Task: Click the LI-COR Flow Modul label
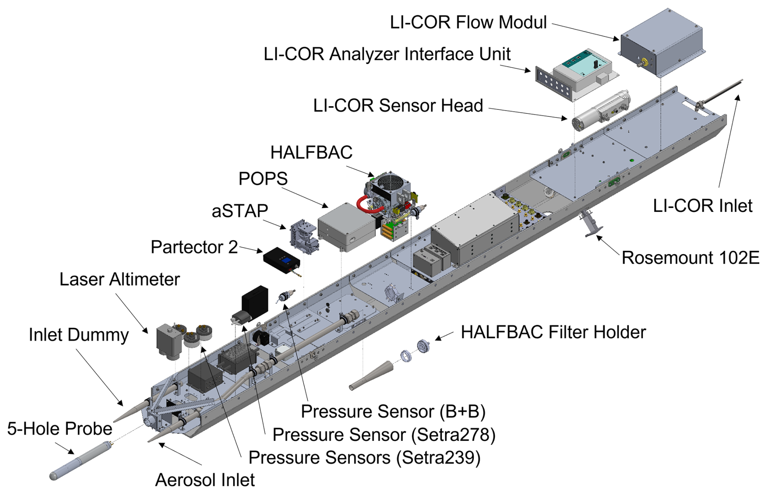468,22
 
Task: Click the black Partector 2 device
282,262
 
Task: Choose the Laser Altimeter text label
120,279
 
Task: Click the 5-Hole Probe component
81,460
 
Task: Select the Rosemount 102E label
690,258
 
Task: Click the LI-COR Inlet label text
703,206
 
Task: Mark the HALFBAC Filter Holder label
553,332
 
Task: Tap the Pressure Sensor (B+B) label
393,411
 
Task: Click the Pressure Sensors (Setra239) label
364,458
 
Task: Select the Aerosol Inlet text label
205,480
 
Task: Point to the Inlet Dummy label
79,335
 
